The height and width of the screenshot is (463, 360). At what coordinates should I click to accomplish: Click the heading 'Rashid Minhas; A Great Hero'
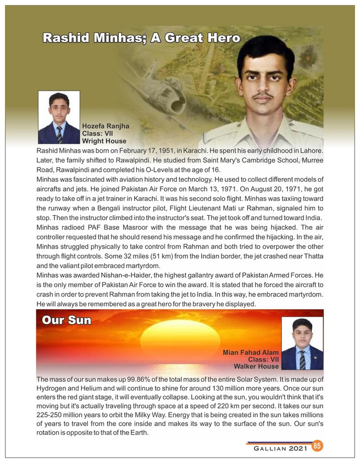(141, 38)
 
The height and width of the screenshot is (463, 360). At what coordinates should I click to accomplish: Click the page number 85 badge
(317, 445)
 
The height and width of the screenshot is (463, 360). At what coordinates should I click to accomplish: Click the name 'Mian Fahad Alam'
(251, 352)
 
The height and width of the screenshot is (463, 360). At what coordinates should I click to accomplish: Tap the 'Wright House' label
(104, 141)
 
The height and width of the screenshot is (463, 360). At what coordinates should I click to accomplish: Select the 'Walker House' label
(256, 366)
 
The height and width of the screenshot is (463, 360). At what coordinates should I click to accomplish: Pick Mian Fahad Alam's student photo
(302, 343)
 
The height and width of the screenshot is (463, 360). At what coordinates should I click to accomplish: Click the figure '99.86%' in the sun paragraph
(140, 380)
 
